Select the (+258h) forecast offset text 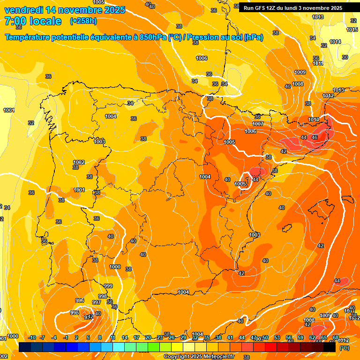click(83, 21)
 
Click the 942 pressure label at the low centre click(89, 317)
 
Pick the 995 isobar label click(75, 313)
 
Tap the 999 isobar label click(108, 286)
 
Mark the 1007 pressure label click(257, 124)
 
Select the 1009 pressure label click(300, 72)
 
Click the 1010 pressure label click(314, 120)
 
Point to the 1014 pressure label click(335, 42)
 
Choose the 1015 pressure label click(352, 30)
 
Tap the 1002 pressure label click(79, 162)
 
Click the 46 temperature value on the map click(315, 137)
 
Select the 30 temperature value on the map click(345, 57)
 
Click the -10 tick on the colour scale click(32, 338)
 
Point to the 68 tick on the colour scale click(335, 338)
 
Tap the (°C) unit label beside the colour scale click(344, 348)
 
